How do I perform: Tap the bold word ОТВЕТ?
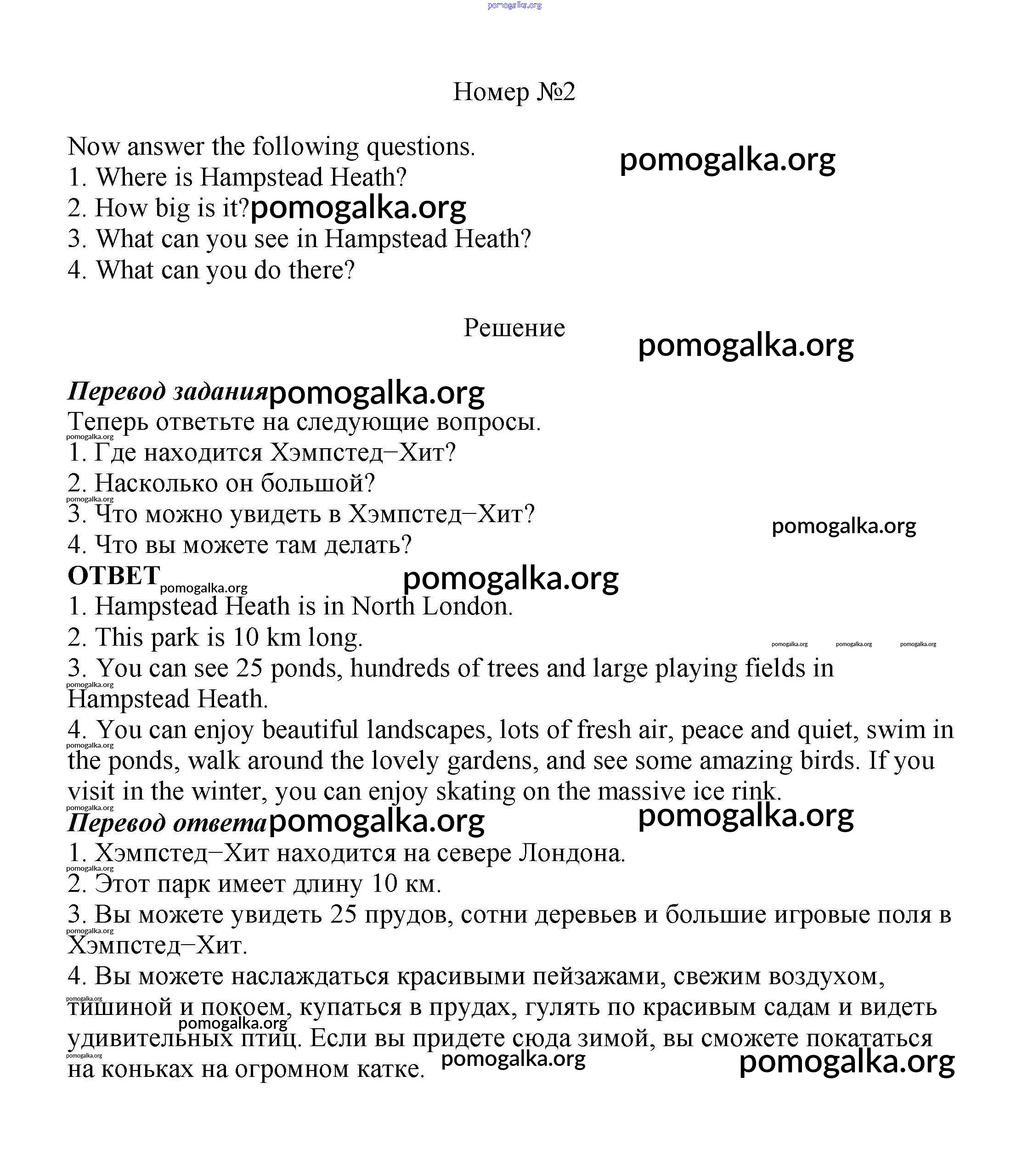[113, 576]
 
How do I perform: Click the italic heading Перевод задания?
[167, 391]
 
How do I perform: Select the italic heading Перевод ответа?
[167, 823]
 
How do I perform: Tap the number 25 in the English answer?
[249, 669]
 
